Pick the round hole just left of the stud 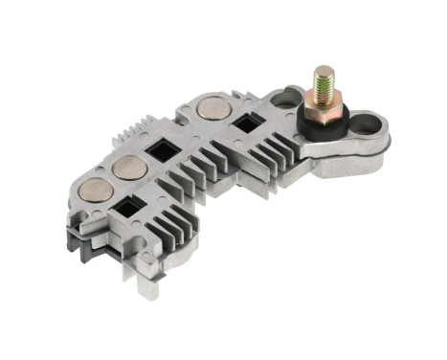point(287,97)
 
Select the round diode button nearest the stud point(213,107)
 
